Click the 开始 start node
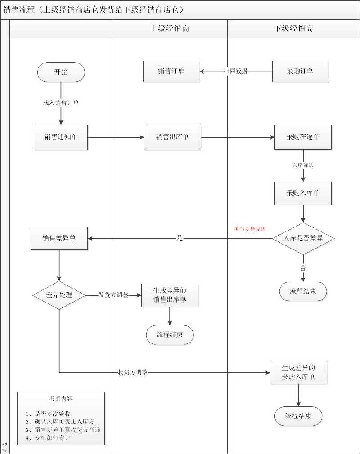click(x=62, y=72)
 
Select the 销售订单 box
click(x=171, y=71)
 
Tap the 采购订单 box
click(x=300, y=71)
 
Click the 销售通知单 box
click(x=61, y=137)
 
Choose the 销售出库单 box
click(x=172, y=137)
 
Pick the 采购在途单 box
click(x=303, y=137)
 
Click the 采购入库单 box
click(x=303, y=194)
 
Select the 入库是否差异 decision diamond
click(x=303, y=239)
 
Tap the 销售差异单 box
click(x=59, y=239)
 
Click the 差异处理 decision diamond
click(x=59, y=295)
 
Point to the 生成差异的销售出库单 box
click(x=170, y=295)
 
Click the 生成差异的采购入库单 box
click(x=298, y=372)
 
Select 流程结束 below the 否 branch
click(x=303, y=291)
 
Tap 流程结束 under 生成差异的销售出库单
click(x=170, y=334)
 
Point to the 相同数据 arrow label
click(x=235, y=71)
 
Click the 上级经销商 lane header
click(x=170, y=29)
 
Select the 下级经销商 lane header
click(x=293, y=29)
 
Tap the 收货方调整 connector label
click(x=133, y=373)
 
